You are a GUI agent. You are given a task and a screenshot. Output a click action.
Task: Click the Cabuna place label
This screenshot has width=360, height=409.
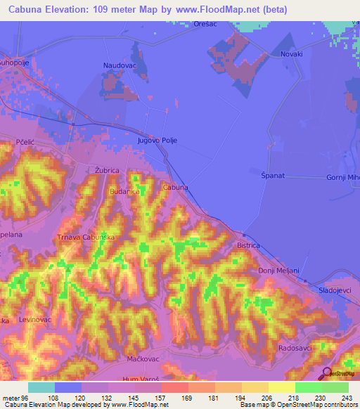(175, 188)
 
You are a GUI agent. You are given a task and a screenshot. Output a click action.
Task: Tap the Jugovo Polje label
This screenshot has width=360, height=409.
(157, 141)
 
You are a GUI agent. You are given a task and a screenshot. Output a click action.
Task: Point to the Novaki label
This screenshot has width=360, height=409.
(291, 54)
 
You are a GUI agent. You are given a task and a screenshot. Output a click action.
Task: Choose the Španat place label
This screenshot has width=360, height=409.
(272, 175)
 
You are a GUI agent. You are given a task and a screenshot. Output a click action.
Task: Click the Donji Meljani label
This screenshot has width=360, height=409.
(278, 271)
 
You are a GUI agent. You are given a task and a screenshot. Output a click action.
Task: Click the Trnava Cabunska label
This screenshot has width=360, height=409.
(86, 238)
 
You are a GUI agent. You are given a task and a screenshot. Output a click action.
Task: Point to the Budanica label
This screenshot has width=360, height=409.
(125, 191)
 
